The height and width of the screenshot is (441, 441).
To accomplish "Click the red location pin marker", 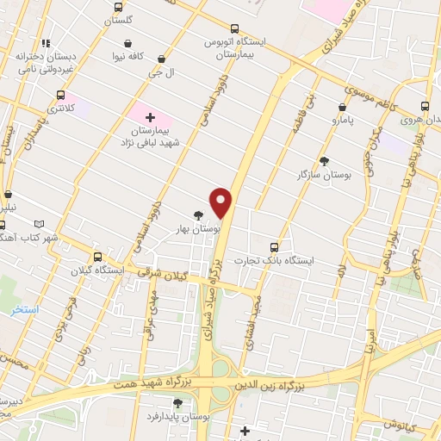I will [x=222, y=202].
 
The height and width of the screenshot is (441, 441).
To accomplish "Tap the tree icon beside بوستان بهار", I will [x=200, y=215].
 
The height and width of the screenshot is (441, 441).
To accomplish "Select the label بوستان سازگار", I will [x=326, y=175].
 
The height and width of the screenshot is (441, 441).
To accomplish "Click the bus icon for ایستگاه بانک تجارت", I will [x=275, y=246].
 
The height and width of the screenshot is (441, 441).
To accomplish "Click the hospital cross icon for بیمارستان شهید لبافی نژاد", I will [x=151, y=116].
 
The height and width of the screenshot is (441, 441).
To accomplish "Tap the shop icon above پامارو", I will [x=342, y=108].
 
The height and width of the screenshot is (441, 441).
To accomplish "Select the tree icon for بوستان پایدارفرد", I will [x=177, y=402].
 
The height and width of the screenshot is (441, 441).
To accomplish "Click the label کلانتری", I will [x=60, y=109].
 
